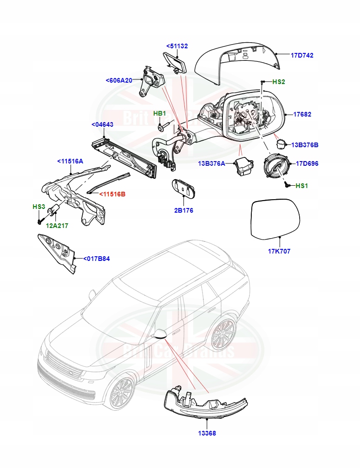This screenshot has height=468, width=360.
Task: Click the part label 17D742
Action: point(302,55)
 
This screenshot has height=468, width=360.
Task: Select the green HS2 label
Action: point(278,82)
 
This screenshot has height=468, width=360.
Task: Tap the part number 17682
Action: point(302,114)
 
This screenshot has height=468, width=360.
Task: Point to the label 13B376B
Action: point(305,145)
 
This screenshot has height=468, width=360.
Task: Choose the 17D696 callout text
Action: point(307,163)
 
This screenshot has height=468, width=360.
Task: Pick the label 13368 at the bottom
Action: point(206,433)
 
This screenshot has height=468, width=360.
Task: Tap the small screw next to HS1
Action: point(287,184)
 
